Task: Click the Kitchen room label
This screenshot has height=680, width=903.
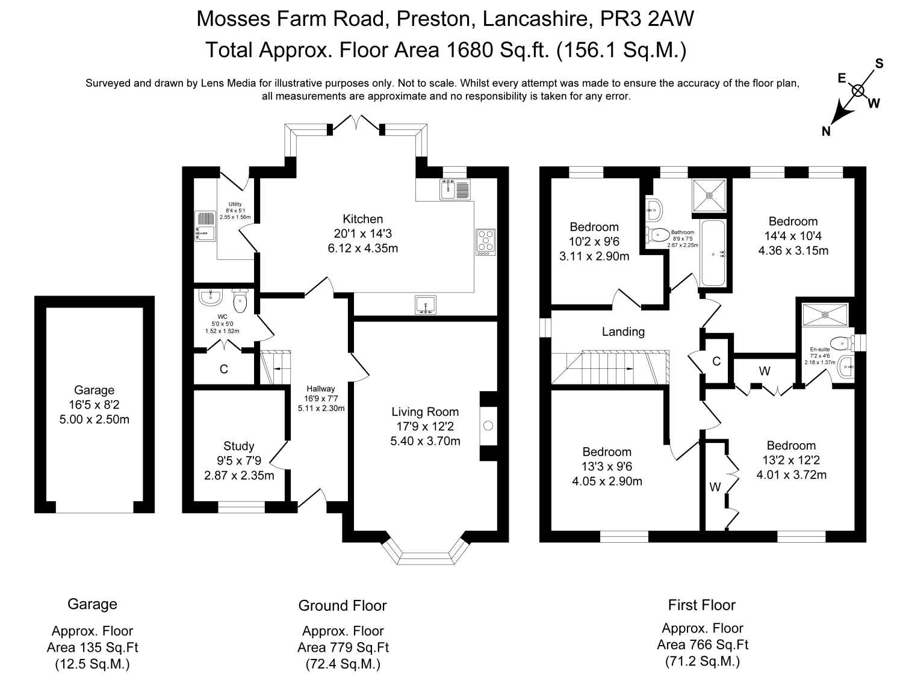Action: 362,218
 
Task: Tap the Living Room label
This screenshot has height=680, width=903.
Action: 425,412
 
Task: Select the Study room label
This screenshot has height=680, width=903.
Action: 238,446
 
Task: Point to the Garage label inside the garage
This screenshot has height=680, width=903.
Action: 94,390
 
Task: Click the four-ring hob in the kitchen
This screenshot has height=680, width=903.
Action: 485,242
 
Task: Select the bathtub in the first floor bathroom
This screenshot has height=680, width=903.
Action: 713,253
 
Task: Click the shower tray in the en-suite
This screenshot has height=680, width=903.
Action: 825,315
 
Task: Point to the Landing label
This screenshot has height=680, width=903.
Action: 623,332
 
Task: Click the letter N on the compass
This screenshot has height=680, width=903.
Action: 826,131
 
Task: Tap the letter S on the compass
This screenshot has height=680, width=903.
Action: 879,64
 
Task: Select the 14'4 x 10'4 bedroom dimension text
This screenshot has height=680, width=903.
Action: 793,236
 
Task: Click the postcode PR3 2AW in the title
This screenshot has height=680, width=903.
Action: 647,19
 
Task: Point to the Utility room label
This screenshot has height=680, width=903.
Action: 235,204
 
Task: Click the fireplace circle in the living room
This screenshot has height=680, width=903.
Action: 488,426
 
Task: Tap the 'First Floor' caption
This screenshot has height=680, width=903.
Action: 701,605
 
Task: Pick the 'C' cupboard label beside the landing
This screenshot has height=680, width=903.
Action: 716,362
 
